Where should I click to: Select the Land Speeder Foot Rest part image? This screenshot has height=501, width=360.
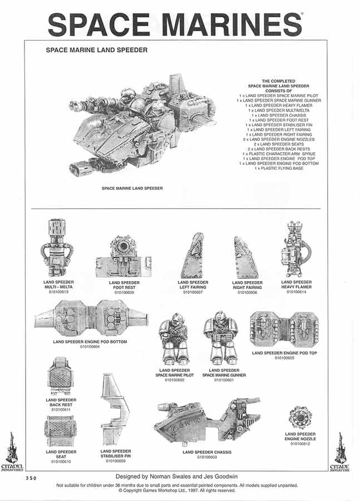click(124, 258)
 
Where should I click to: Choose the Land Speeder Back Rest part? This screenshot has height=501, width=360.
click(61, 377)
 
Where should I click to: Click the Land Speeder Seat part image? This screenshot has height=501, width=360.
click(61, 432)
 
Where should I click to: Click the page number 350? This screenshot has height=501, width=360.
click(32, 478)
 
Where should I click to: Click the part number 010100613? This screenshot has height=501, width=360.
click(58, 291)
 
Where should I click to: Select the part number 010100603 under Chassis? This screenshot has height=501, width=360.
click(207, 457)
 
